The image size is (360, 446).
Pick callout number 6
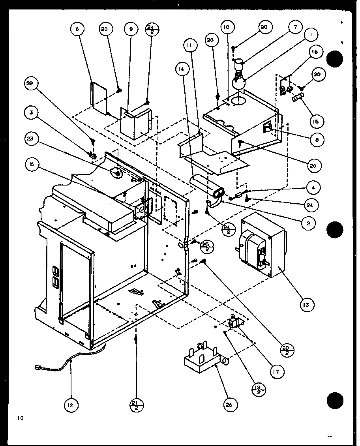(x=78, y=30)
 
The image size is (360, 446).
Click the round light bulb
(x=239, y=83)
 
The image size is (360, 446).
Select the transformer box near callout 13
(x=261, y=246)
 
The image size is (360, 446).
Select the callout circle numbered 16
(x=316, y=52)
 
